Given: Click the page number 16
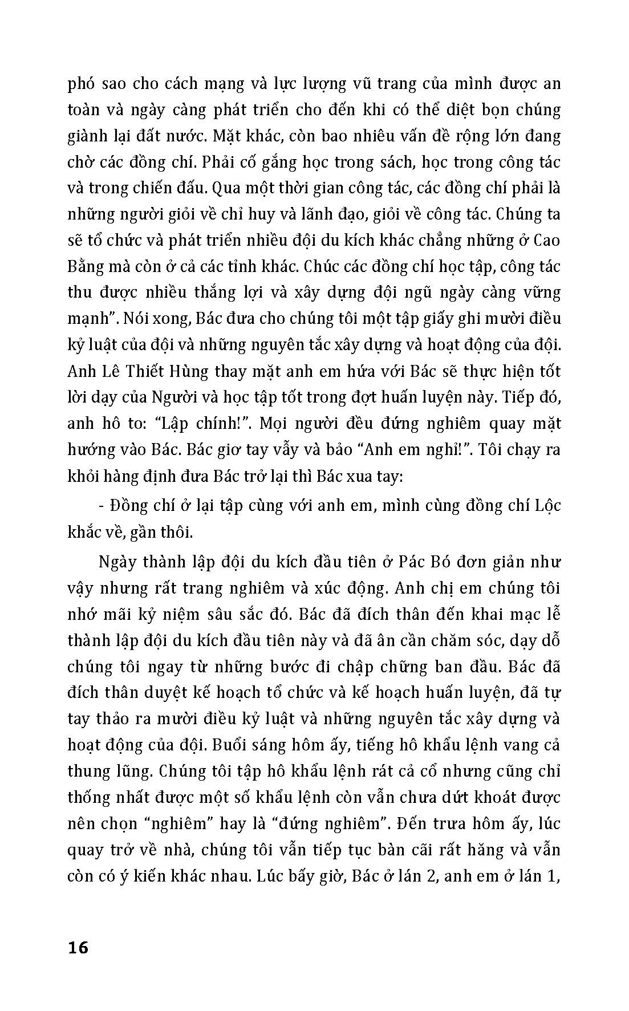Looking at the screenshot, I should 78,948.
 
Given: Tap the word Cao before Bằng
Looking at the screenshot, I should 547,240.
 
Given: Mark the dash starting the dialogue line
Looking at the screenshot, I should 101,506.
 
